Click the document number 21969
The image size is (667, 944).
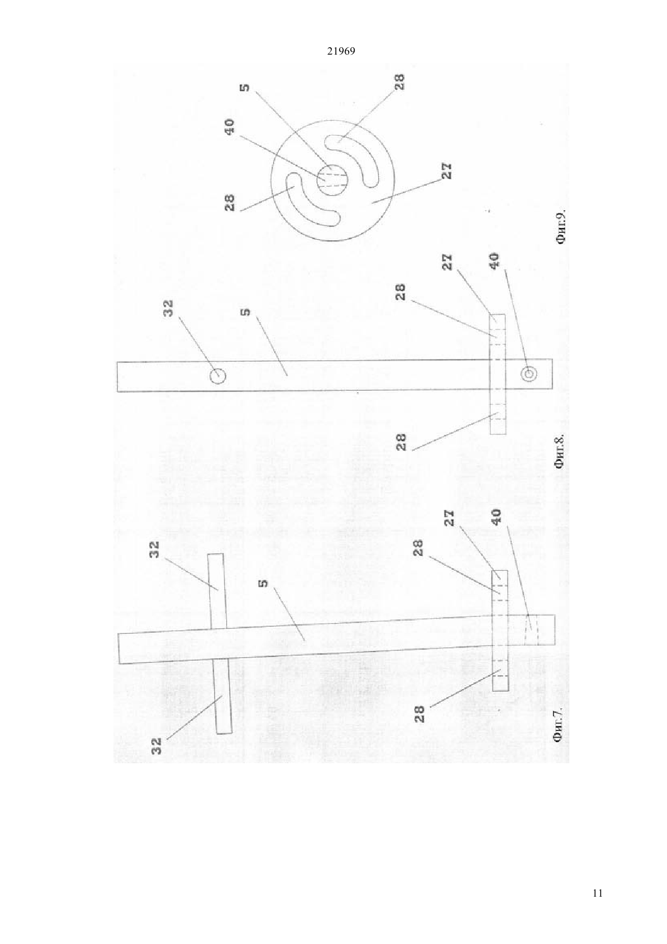[x=341, y=52]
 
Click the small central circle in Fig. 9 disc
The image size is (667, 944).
[x=332, y=180]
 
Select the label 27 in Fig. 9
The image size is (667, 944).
[x=446, y=170]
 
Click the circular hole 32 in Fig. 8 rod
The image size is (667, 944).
[x=218, y=375]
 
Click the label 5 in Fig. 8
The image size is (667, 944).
[x=246, y=312]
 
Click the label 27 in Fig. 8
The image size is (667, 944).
[x=447, y=262]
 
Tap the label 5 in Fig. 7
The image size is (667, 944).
[x=264, y=584]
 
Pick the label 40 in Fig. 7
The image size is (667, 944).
[x=497, y=518]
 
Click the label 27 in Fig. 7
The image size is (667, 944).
[x=449, y=518]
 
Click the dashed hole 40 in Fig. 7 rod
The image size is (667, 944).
[x=531, y=630]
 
